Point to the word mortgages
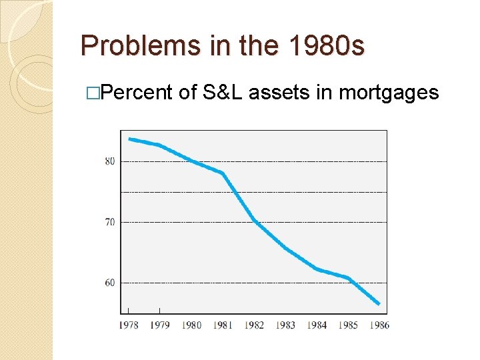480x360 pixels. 389,93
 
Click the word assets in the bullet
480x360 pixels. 279,92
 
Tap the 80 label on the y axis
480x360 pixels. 109,161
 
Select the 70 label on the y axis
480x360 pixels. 109,221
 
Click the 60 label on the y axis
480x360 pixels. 109,283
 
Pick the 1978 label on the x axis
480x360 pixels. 129,325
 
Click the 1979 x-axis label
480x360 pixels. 160,325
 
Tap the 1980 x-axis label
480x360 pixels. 191,325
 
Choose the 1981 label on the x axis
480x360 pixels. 223,325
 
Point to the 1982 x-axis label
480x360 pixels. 254,325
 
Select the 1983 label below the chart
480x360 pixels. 285,325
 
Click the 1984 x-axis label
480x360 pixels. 317,325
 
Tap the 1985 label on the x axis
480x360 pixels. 348,325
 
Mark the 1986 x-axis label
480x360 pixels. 379,325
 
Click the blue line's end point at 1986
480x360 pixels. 379,304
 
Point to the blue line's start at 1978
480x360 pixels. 129,139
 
